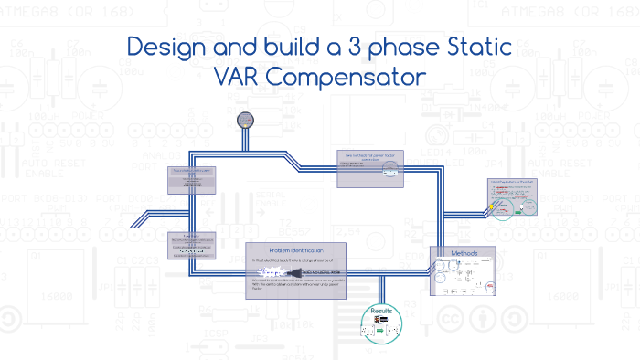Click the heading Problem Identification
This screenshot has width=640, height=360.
coord(296,251)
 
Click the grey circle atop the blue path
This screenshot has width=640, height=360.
coord(244,120)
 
